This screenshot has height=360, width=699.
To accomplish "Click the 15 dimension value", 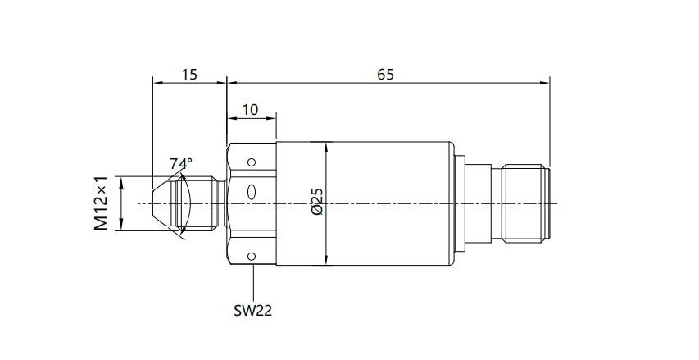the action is click(189, 74).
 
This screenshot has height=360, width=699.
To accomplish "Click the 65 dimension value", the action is click(386, 74).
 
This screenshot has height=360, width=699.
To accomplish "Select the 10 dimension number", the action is click(250, 110).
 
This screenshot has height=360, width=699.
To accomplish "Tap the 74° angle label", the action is click(180, 163).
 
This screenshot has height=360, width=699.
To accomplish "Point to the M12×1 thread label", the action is click(101, 203).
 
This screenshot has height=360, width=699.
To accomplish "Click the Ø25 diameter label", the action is click(317, 202).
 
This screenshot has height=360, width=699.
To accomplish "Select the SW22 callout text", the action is click(252, 310).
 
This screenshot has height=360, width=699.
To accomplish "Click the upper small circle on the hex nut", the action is click(252, 162).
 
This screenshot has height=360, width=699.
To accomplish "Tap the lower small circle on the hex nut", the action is click(252, 256).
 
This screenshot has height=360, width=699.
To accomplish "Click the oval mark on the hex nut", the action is click(252, 192).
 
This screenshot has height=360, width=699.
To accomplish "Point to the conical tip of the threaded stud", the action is click(161, 203).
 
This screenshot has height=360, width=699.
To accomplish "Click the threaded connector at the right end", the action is click(524, 203).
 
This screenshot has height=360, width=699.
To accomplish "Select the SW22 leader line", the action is click(253, 283).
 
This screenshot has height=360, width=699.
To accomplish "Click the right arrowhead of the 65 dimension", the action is click(544, 83).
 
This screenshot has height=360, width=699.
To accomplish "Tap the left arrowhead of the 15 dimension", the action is click(158, 83).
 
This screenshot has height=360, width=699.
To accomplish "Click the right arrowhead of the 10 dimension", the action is click(271, 118).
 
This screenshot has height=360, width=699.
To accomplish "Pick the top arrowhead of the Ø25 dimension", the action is click(326, 148).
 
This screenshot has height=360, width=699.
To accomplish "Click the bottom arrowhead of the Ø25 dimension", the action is click(326, 260).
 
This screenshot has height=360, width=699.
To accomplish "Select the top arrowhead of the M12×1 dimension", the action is click(121, 181).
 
